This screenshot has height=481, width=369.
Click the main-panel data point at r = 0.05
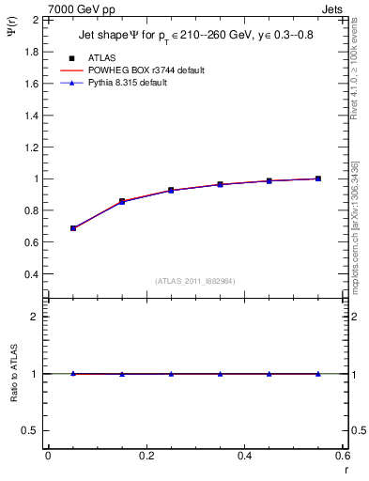point(73,228)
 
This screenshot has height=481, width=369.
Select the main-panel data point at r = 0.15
point(122,201)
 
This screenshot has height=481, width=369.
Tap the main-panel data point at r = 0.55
point(318,178)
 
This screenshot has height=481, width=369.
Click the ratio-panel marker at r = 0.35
point(221,374)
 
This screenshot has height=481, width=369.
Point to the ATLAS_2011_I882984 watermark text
point(194,280)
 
